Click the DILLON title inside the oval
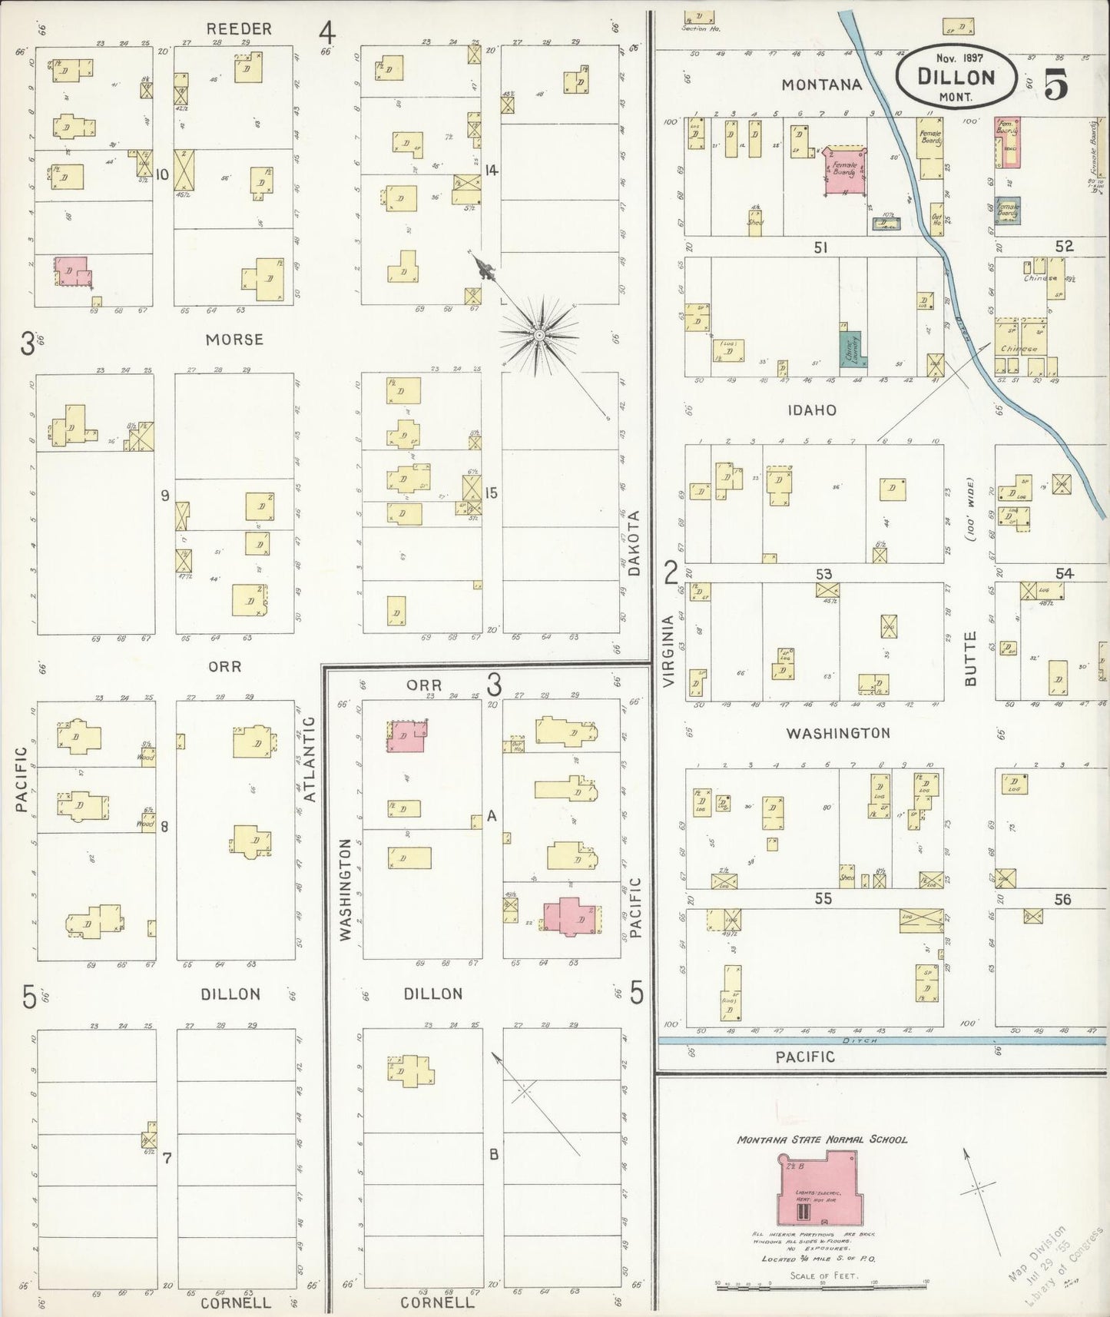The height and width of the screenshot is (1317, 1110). point(956,77)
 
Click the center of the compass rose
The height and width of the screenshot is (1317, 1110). point(539,336)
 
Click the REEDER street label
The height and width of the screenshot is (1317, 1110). point(239,29)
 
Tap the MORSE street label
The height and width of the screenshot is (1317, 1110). point(234,339)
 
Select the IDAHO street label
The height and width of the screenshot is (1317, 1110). point(812,410)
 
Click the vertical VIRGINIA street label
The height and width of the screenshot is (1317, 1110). point(668,651)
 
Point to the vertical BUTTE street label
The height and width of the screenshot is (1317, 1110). point(970,658)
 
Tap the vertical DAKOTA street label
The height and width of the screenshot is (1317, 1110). point(634,543)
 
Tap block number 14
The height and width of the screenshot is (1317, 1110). point(492,170)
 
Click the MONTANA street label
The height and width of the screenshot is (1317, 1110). point(822,85)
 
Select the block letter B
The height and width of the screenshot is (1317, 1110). point(495,1154)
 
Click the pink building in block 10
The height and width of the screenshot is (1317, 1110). point(71,270)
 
